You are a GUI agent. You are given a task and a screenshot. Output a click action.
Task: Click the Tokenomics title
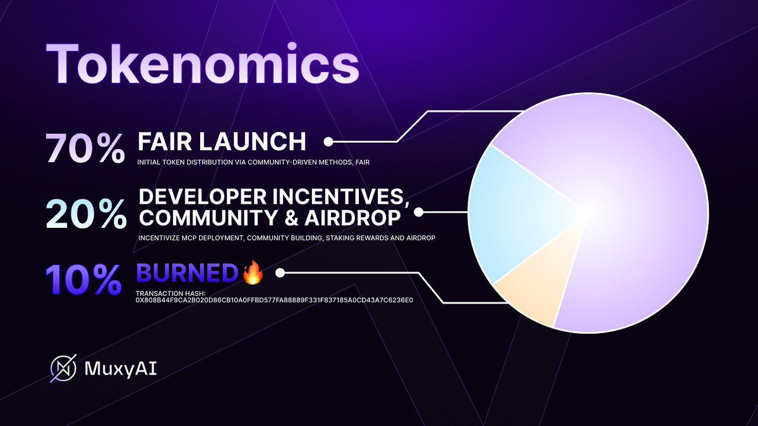[202, 64]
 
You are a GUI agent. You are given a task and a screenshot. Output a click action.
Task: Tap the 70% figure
[86, 148]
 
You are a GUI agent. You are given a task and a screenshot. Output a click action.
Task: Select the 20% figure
[87, 214]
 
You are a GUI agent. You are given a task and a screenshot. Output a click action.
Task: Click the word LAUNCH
[253, 141]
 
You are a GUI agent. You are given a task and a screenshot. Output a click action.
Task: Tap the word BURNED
[187, 273]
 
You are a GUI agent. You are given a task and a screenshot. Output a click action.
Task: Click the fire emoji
[253, 272]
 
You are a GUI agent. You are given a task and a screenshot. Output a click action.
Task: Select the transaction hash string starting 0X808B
[274, 300]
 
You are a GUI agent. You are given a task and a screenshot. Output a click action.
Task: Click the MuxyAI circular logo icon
[64, 368]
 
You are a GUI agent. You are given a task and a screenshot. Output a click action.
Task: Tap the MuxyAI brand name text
[121, 369]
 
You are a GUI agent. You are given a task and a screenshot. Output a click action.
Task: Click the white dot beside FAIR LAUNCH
[328, 141]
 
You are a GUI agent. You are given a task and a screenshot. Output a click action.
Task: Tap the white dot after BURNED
[280, 273]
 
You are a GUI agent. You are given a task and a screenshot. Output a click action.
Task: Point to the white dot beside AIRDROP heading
[419, 212]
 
